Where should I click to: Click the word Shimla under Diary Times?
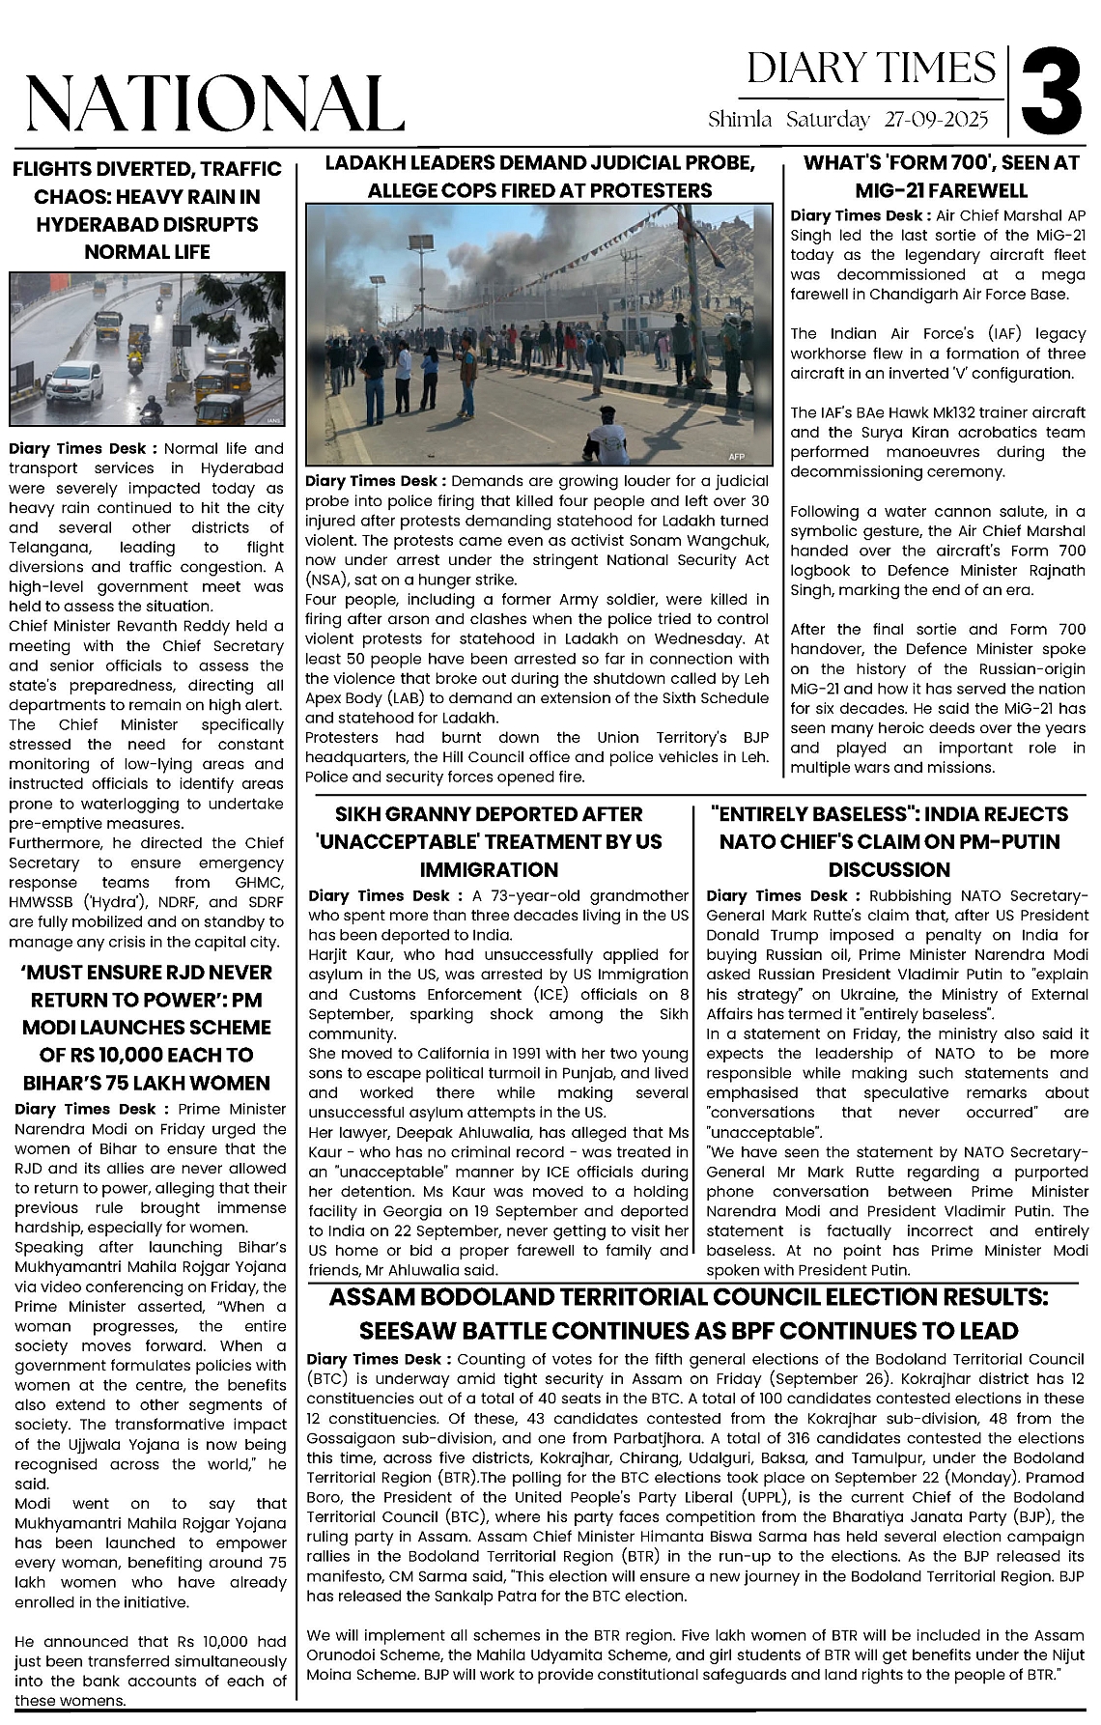point(740,120)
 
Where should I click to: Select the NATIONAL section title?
point(214,103)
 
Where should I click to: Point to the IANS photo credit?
point(273,420)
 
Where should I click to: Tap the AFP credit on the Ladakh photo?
point(736,456)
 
